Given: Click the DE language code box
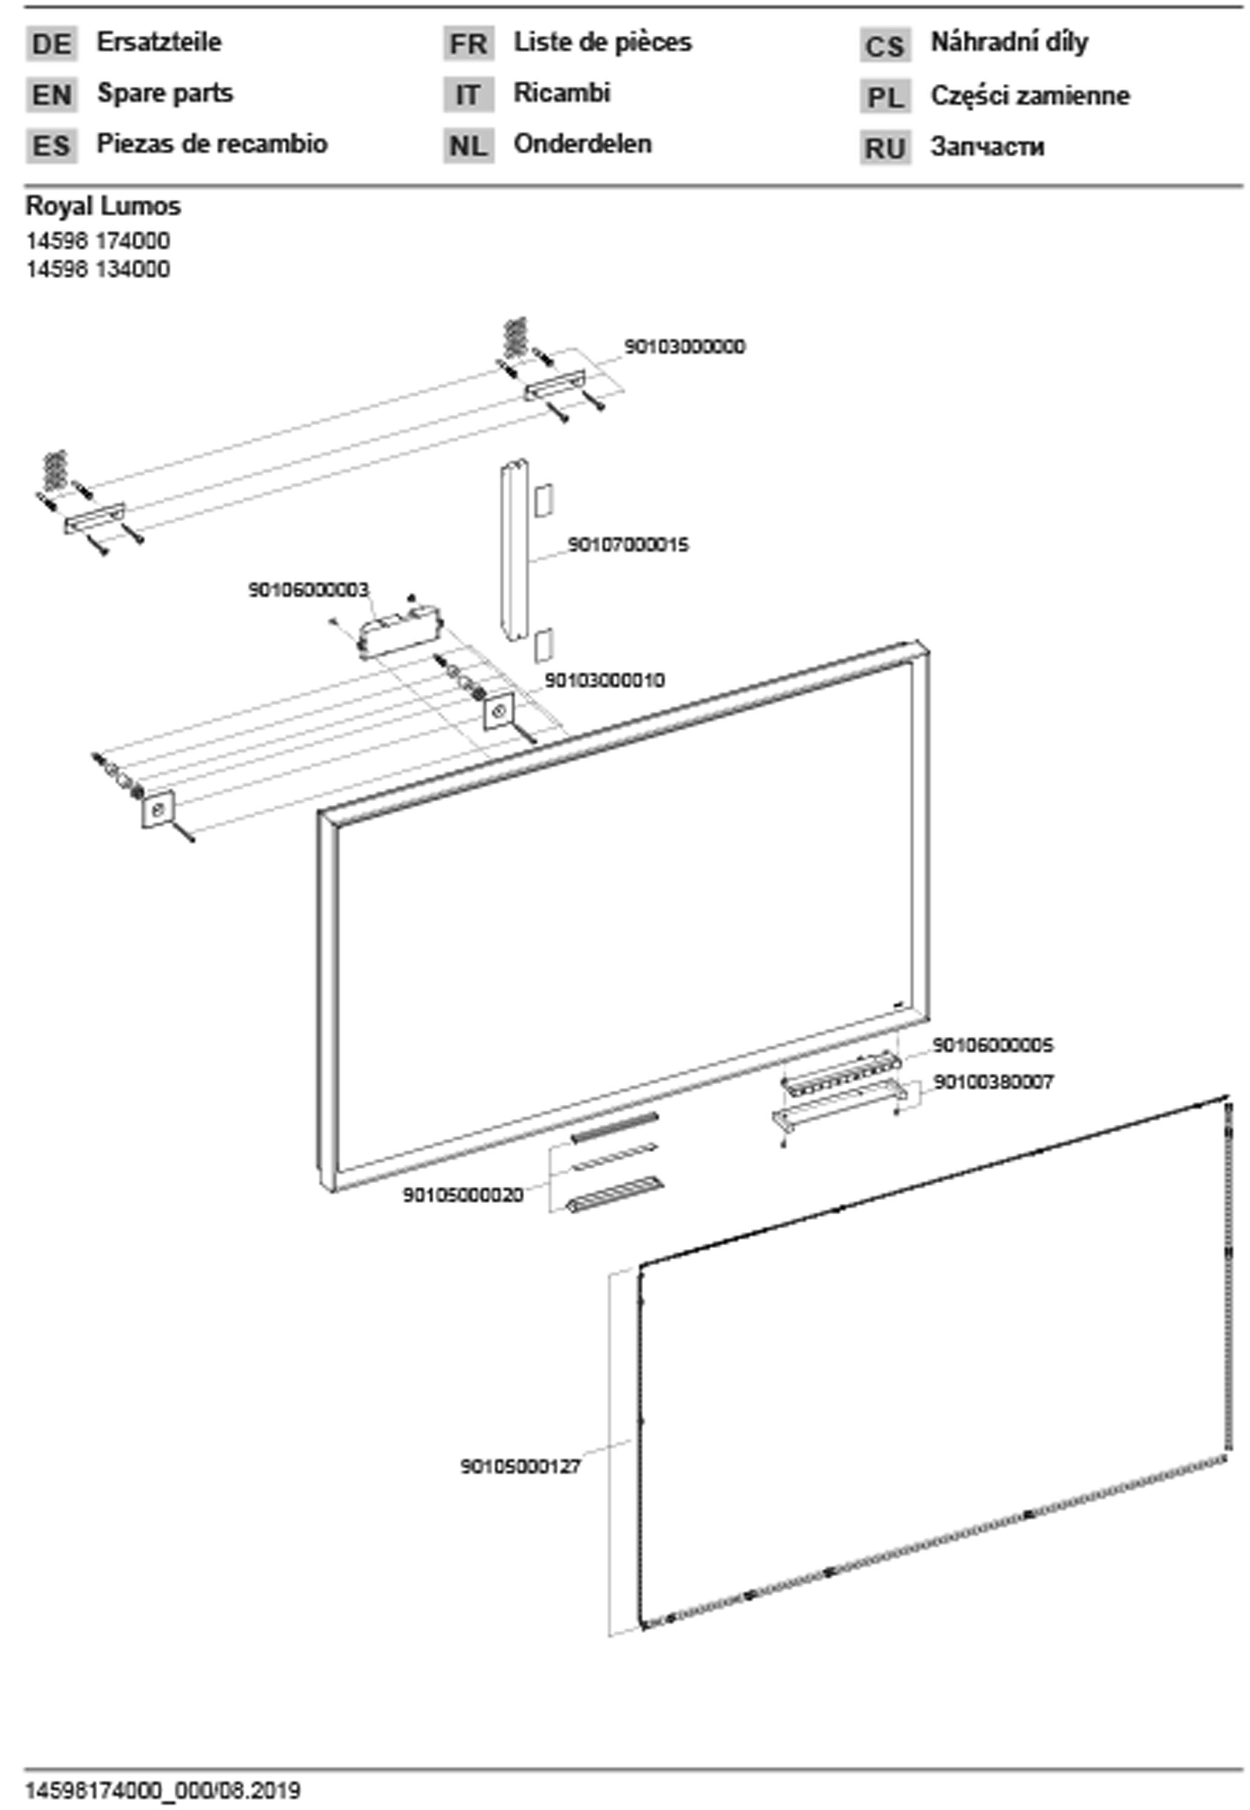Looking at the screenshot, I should pos(52,44).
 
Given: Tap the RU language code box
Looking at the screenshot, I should pos(885,148).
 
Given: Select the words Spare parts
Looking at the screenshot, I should pos(165,93).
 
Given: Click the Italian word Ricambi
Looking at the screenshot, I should pos(562,92).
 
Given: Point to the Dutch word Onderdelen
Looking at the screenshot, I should pos(582,144).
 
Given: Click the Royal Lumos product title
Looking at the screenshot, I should pos(103,207).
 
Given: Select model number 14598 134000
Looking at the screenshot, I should pos(98,270).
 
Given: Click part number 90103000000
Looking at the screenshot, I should pos(685,346).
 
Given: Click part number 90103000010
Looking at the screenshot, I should pos(604,680).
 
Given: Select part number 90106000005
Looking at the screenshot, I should pos(993,1045).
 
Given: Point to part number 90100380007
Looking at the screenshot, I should pos(994,1082).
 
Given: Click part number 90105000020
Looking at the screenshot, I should pos(463,1195).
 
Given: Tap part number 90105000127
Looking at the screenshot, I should pos(521,1466).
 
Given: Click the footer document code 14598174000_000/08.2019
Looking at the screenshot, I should pos(163,1791).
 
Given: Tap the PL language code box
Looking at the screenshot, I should pos(885,97).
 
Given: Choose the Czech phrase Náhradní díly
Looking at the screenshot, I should pos(1009,42).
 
